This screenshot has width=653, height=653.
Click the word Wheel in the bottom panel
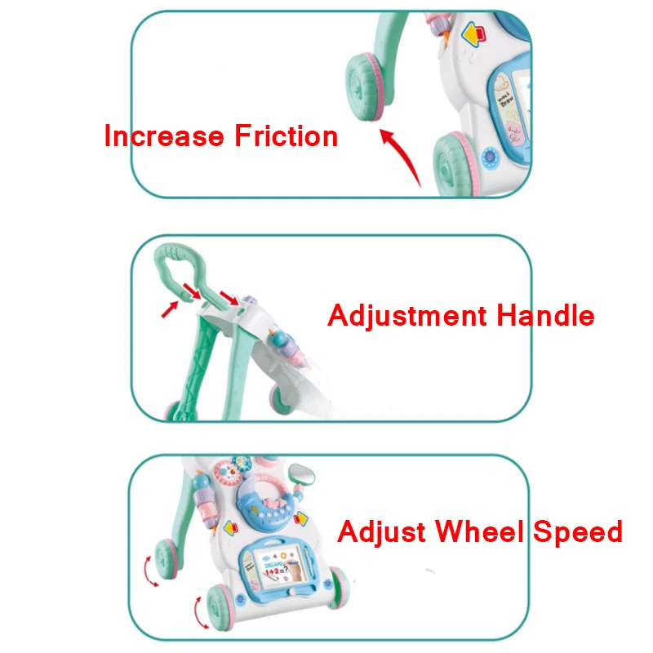point(481,531)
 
